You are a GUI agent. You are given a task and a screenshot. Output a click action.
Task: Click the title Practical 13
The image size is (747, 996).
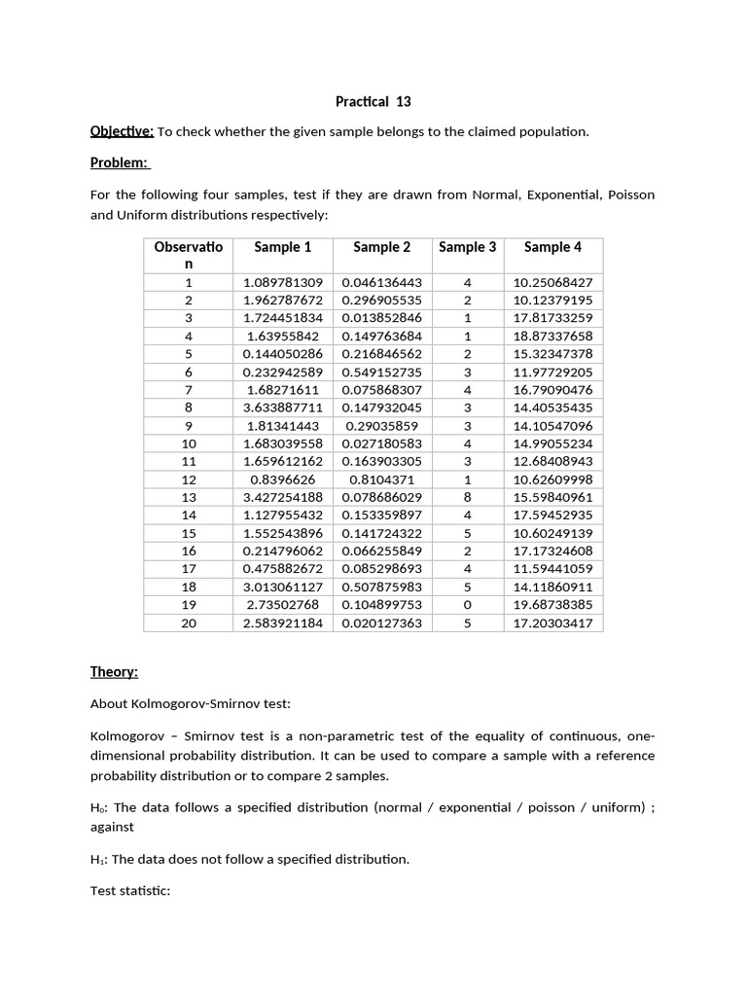pos(373,101)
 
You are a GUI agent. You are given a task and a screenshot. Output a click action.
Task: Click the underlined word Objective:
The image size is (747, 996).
pos(122,131)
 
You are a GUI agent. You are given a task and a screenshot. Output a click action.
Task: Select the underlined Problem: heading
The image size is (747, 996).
pos(120,162)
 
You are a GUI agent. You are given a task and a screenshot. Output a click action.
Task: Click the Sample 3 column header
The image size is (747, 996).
pos(467,247)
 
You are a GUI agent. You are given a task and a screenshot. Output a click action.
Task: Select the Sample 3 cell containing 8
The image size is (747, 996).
pos(467,497)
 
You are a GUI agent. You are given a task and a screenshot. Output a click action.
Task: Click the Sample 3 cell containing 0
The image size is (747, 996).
pos(467,605)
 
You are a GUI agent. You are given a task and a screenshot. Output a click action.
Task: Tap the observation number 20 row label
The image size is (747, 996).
pos(189,622)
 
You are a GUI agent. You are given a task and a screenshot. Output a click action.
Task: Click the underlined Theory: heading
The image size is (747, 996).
pos(114,672)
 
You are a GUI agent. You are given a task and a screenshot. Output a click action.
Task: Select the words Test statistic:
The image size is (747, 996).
pos(130,889)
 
